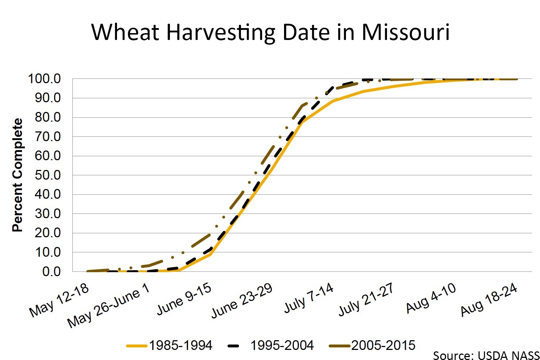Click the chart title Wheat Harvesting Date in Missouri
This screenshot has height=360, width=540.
tap(270, 32)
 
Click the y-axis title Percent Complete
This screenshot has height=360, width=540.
tap(17, 175)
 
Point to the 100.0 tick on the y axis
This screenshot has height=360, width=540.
tap(44, 79)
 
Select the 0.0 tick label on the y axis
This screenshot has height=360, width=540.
tap(51, 272)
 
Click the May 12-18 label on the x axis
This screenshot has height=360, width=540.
tap(59, 300)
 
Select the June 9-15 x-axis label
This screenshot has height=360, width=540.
tap(184, 299)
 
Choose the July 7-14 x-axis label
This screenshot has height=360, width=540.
tap(309, 298)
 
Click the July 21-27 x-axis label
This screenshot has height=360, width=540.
tap(366, 299)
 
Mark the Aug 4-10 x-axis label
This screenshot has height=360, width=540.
tap(431, 298)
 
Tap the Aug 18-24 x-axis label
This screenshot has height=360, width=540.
tap(489, 300)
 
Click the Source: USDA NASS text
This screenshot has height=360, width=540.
tap(486, 355)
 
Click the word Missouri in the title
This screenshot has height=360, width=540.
tap(406, 32)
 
